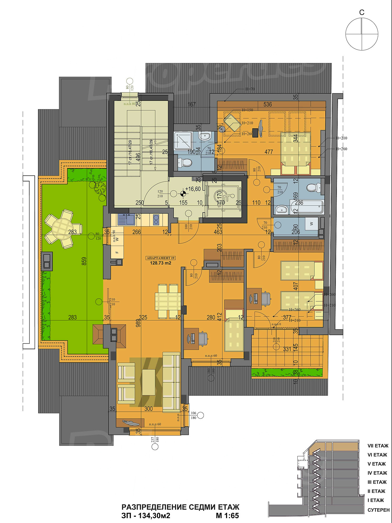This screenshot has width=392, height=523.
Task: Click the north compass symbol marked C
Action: point(362,34)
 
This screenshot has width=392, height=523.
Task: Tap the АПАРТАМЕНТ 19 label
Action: point(160,258)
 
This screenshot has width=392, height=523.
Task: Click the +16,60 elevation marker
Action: point(193,189)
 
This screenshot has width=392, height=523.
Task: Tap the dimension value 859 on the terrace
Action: point(84,261)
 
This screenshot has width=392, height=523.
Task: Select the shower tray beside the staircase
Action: point(183,141)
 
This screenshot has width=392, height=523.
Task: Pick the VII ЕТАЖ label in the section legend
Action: point(378,446)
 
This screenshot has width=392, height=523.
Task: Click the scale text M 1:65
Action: point(227,516)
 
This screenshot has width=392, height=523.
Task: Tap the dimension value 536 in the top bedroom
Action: point(268,105)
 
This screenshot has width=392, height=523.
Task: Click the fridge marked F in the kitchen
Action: point(117,252)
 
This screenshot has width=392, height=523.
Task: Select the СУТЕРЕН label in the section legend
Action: point(378,510)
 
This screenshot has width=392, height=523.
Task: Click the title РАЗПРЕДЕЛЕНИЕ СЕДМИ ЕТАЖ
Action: point(180,507)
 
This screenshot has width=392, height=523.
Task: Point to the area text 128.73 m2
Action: point(160,263)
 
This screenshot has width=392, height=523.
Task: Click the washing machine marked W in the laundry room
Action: point(311,224)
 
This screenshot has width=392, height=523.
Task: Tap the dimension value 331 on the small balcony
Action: point(287,349)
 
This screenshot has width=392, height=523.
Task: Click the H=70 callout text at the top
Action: point(250,89)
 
